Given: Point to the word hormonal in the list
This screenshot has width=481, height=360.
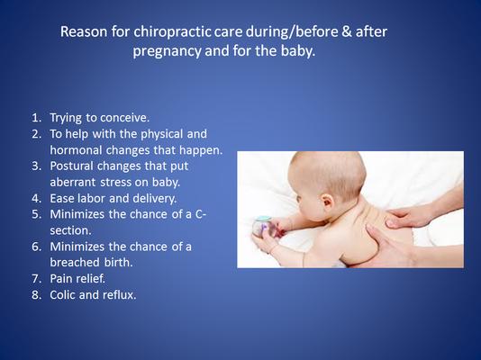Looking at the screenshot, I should [77, 149].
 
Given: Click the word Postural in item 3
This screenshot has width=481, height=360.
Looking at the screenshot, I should [71, 166].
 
